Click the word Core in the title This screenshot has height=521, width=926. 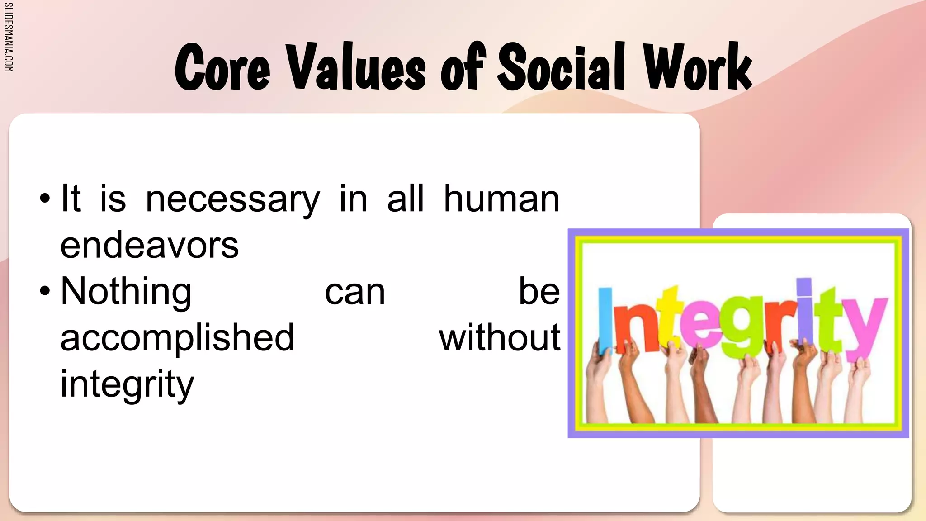[222, 68]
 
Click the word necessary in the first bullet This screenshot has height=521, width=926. [233, 199]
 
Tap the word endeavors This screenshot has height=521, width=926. [149, 246]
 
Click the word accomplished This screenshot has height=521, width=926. [177, 339]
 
